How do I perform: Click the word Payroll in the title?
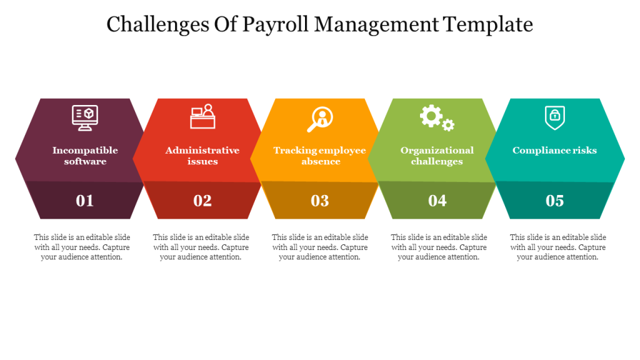[x=276, y=25]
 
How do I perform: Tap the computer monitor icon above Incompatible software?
[x=85, y=117]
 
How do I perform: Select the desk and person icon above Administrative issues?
[x=202, y=116]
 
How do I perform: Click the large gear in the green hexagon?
[x=431, y=116]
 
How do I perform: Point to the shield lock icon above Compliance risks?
[x=555, y=117]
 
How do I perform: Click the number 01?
[x=85, y=201]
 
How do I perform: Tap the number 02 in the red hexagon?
[x=202, y=201]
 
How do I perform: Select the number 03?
[x=320, y=201]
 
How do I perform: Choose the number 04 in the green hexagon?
[x=437, y=201]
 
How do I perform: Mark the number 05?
[x=555, y=201]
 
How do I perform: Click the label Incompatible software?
[x=85, y=156]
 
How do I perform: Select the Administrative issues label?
[x=202, y=156]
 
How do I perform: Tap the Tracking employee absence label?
[x=320, y=156]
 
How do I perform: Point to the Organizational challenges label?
[x=437, y=156]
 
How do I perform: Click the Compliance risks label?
[x=555, y=150]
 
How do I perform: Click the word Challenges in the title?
[x=158, y=25]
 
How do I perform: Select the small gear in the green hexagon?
[x=448, y=125]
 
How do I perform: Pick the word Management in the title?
[x=376, y=25]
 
